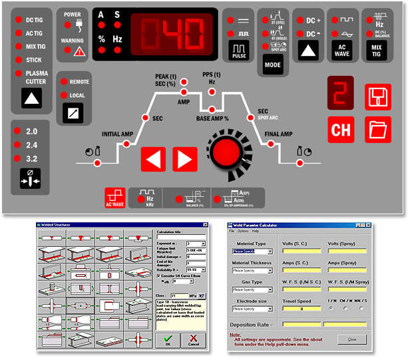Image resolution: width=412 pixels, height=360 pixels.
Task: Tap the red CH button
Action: click(341, 128)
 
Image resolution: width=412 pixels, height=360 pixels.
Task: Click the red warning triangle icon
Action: click(79, 51)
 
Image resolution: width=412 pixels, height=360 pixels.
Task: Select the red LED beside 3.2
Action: click(19, 158)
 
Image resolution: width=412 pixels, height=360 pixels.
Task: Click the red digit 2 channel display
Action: click(340, 94)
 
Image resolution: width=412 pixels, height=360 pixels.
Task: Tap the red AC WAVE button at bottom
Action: click(115, 198)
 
